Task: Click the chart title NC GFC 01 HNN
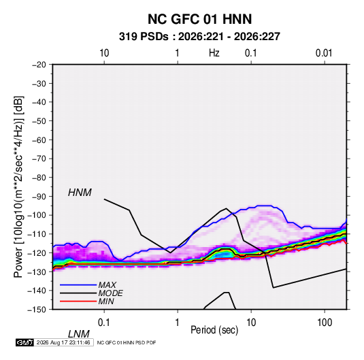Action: pyautogui.click(x=199, y=19)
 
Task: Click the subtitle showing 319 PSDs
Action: pyautogui.click(x=199, y=37)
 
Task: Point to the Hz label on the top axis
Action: pyautogui.click(x=214, y=53)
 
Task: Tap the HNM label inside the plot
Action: pyautogui.click(x=80, y=193)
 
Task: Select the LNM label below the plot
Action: pyautogui.click(x=78, y=334)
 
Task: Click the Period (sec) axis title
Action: pyautogui.click(x=214, y=330)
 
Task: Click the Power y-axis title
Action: pyautogui.click(x=18, y=187)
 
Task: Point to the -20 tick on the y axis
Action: pyautogui.click(x=39, y=65)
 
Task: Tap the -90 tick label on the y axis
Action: pyautogui.click(x=39, y=197)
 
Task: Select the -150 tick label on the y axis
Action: pyautogui.click(x=37, y=310)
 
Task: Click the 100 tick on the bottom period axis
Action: pyautogui.click(x=325, y=323)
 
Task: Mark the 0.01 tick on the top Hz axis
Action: pyautogui.click(x=324, y=53)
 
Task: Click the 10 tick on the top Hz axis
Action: pyautogui.click(x=104, y=53)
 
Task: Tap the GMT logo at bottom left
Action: pyautogui.click(x=24, y=342)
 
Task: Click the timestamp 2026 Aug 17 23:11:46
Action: pyautogui.click(x=63, y=342)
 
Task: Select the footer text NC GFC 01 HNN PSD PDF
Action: pyautogui.click(x=127, y=342)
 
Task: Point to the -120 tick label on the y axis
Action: pyautogui.click(x=37, y=253)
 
